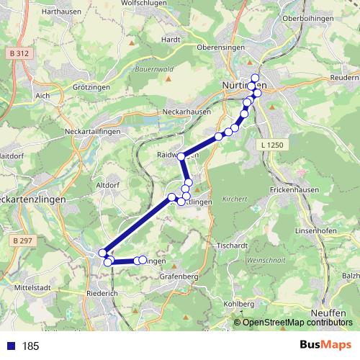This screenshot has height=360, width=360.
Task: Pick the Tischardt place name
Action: [x=231, y=245]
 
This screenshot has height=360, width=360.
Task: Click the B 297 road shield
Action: [x=22, y=240]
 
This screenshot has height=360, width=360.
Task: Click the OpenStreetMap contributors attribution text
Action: [x=293, y=323]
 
